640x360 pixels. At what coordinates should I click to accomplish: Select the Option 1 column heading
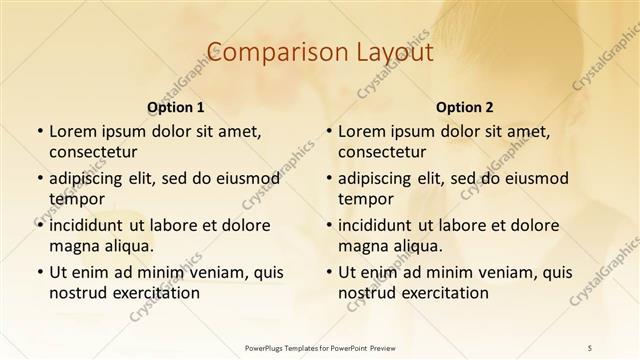point(176,107)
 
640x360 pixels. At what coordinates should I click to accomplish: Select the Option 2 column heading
point(465,107)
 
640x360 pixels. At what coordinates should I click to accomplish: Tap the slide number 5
point(590,346)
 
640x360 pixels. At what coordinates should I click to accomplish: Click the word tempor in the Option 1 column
point(76,199)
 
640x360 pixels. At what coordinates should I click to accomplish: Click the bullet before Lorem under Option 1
point(38,132)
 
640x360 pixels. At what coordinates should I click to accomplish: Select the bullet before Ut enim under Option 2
point(328,272)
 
